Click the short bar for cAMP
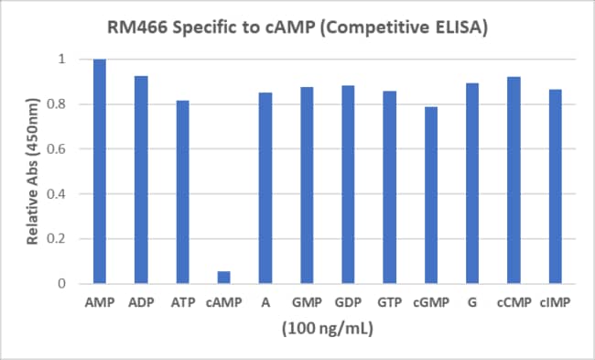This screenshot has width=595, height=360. tap(223, 278)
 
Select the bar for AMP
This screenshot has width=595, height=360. tap(99, 171)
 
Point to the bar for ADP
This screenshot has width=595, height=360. tap(141, 180)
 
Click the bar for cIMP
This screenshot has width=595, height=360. tap(555, 186)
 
